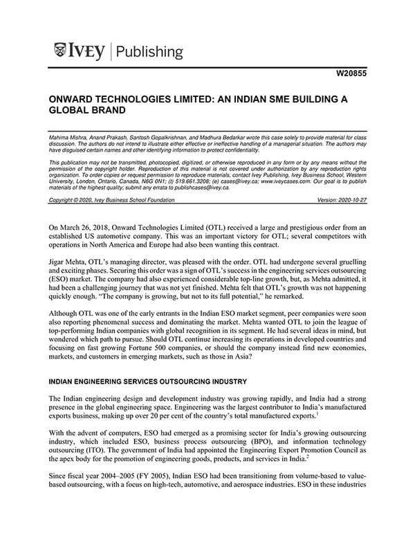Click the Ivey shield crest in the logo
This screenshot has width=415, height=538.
click(60, 51)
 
